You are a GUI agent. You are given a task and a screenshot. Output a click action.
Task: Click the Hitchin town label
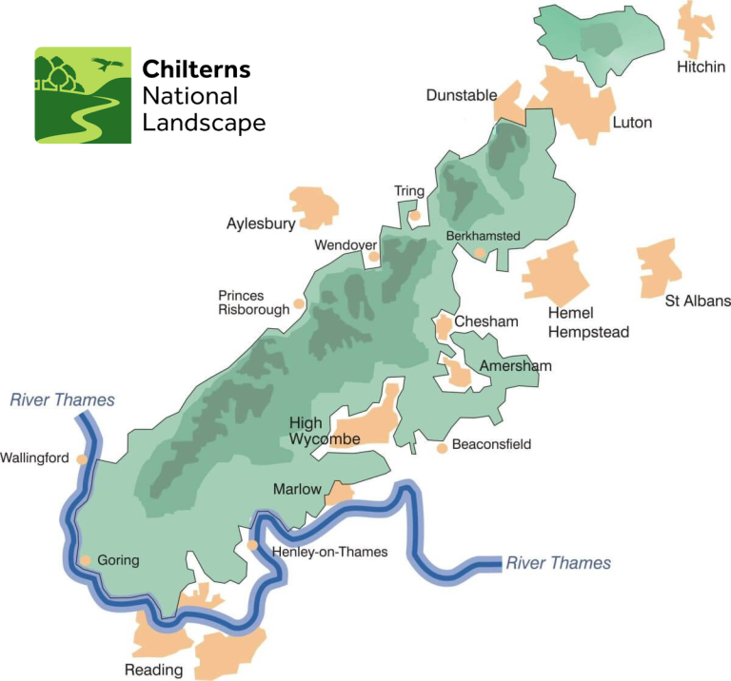click(x=701, y=68)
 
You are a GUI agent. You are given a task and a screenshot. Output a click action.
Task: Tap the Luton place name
click(x=632, y=123)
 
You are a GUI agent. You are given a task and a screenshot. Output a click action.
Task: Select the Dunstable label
click(x=461, y=95)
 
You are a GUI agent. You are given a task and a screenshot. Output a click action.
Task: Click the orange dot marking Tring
click(x=415, y=216)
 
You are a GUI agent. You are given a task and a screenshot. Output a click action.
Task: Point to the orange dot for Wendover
click(x=374, y=256)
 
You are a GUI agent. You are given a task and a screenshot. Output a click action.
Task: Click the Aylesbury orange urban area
click(x=315, y=206)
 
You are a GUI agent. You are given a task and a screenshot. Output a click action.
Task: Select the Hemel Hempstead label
click(x=583, y=323)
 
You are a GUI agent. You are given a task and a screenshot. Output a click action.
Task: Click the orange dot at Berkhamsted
click(x=481, y=253)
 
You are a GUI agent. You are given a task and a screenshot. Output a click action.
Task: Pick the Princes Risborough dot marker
click(x=299, y=304)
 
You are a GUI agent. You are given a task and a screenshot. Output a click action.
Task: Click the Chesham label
click(x=486, y=321)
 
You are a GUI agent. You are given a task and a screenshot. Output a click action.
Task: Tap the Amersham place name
click(x=515, y=366)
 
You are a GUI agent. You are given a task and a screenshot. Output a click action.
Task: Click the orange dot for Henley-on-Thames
click(x=252, y=546)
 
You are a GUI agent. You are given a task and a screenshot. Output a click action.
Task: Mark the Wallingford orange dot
click(x=83, y=458)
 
